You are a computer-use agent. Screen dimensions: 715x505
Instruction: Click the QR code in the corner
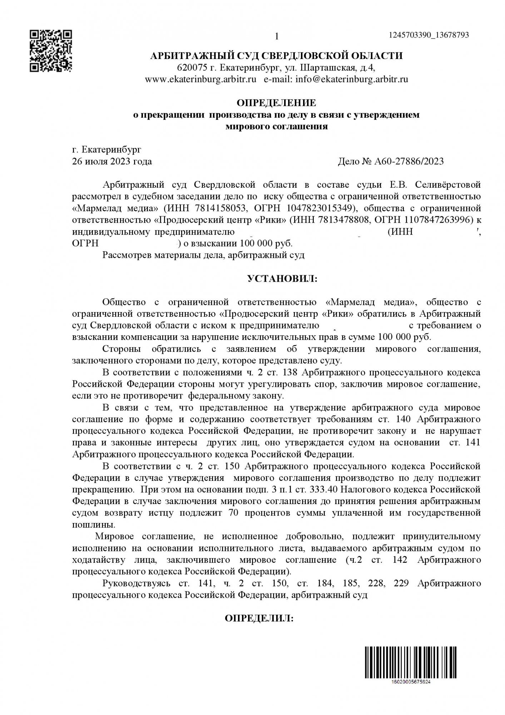(x=51, y=51)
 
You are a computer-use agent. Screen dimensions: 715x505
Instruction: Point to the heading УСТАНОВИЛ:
(x=282, y=278)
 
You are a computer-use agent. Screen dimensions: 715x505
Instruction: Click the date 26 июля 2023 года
(x=112, y=161)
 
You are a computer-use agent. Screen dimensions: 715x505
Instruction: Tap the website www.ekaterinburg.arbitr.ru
(x=200, y=79)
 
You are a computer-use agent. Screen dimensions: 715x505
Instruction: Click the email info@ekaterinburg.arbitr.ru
(x=352, y=79)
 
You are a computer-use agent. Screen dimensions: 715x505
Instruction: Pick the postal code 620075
(x=191, y=68)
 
